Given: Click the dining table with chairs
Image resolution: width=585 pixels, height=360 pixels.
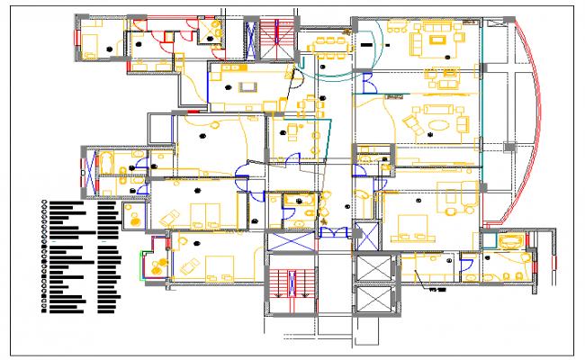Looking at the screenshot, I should point(330,42).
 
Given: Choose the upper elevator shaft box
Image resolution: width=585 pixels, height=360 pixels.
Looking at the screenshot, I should point(373,268).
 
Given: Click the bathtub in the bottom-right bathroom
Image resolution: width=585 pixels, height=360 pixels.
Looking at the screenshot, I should point(512,240).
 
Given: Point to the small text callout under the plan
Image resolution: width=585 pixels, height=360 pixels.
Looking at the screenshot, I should point(438,290).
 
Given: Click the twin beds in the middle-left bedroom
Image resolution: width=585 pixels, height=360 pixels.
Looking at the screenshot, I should point(207,213).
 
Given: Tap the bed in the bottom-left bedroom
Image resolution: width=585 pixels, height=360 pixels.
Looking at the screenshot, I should point(217,266).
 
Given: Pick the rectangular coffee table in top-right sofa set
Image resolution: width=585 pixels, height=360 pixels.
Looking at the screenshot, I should point(438,39).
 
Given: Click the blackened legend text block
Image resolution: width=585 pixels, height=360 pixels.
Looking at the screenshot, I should point(81,256).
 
